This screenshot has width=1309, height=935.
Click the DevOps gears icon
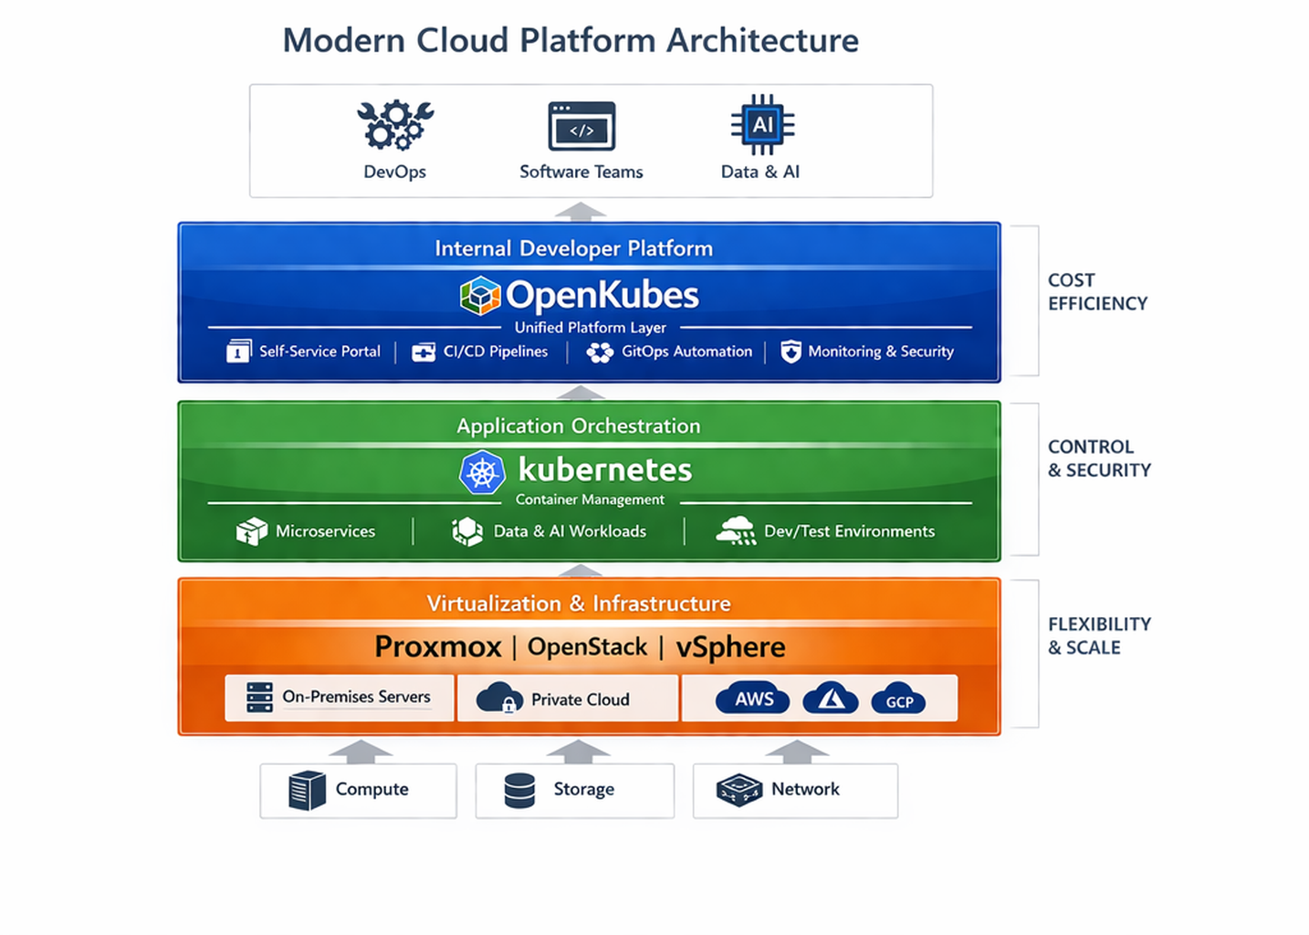pyautogui.click(x=394, y=125)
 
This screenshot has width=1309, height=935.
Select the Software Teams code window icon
pyautogui.click(x=581, y=127)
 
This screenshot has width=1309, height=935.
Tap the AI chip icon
pyautogui.click(x=762, y=125)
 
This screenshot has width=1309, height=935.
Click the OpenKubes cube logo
pyautogui.click(x=480, y=295)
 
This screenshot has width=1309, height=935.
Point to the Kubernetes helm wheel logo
pyautogui.click(x=482, y=472)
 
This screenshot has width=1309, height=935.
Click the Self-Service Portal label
pyautogui.click(x=319, y=352)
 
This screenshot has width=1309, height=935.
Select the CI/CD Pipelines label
pyautogui.click(x=495, y=352)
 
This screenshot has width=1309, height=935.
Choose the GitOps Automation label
pyautogui.click(x=686, y=352)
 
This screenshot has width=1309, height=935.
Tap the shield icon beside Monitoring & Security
pyautogui.click(x=791, y=352)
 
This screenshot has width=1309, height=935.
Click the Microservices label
pyautogui.click(x=325, y=531)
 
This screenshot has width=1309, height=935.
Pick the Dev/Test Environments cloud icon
pyautogui.click(x=736, y=531)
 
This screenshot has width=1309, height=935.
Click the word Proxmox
pyautogui.click(x=437, y=646)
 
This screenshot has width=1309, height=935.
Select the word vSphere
pyautogui.click(x=730, y=646)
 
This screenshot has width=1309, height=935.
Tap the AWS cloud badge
pyautogui.click(x=753, y=699)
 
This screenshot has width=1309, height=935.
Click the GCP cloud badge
pyautogui.click(x=899, y=700)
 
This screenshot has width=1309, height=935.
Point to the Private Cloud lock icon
pyautogui.click(x=508, y=706)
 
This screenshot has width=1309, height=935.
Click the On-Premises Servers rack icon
pyautogui.click(x=259, y=698)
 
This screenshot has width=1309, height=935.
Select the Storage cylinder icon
pyautogui.click(x=519, y=791)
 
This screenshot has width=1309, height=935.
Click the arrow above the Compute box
pyautogui.click(x=361, y=751)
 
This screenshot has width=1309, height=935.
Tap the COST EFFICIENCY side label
pyautogui.click(x=1096, y=292)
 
